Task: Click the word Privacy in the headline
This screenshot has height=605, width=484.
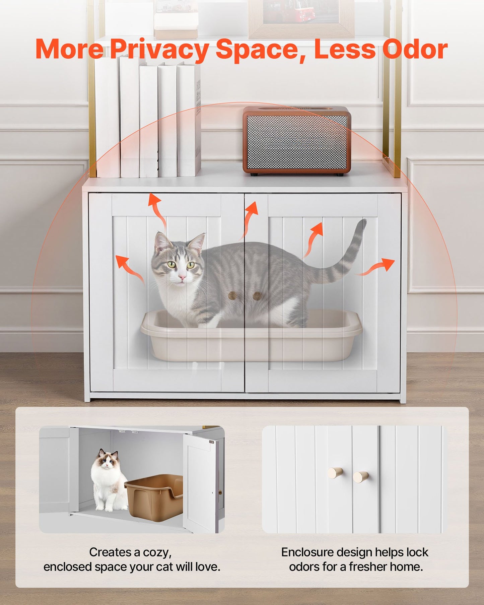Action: coord(159,50)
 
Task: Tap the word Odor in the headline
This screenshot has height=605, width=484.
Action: coord(415,50)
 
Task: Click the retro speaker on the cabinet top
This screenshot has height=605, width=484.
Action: coord(297,141)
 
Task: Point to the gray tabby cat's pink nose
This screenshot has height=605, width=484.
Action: coord(182,278)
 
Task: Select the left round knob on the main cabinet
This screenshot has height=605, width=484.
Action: coord(232,295)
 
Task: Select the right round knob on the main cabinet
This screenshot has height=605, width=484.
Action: coord(257,295)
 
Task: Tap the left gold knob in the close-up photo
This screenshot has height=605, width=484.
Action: coord(335,473)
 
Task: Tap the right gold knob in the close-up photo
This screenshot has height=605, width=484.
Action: coord(361,476)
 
